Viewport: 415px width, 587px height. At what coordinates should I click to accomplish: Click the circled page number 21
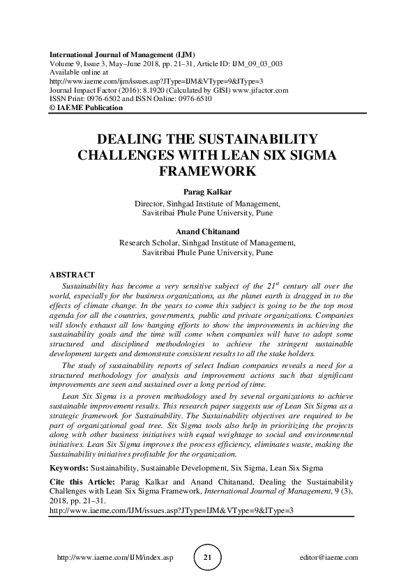click(x=207, y=558)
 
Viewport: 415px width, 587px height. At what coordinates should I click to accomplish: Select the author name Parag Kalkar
click(x=207, y=191)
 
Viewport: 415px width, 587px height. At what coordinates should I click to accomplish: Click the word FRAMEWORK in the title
click(x=207, y=170)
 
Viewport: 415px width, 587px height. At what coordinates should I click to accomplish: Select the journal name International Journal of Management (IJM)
click(x=121, y=54)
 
